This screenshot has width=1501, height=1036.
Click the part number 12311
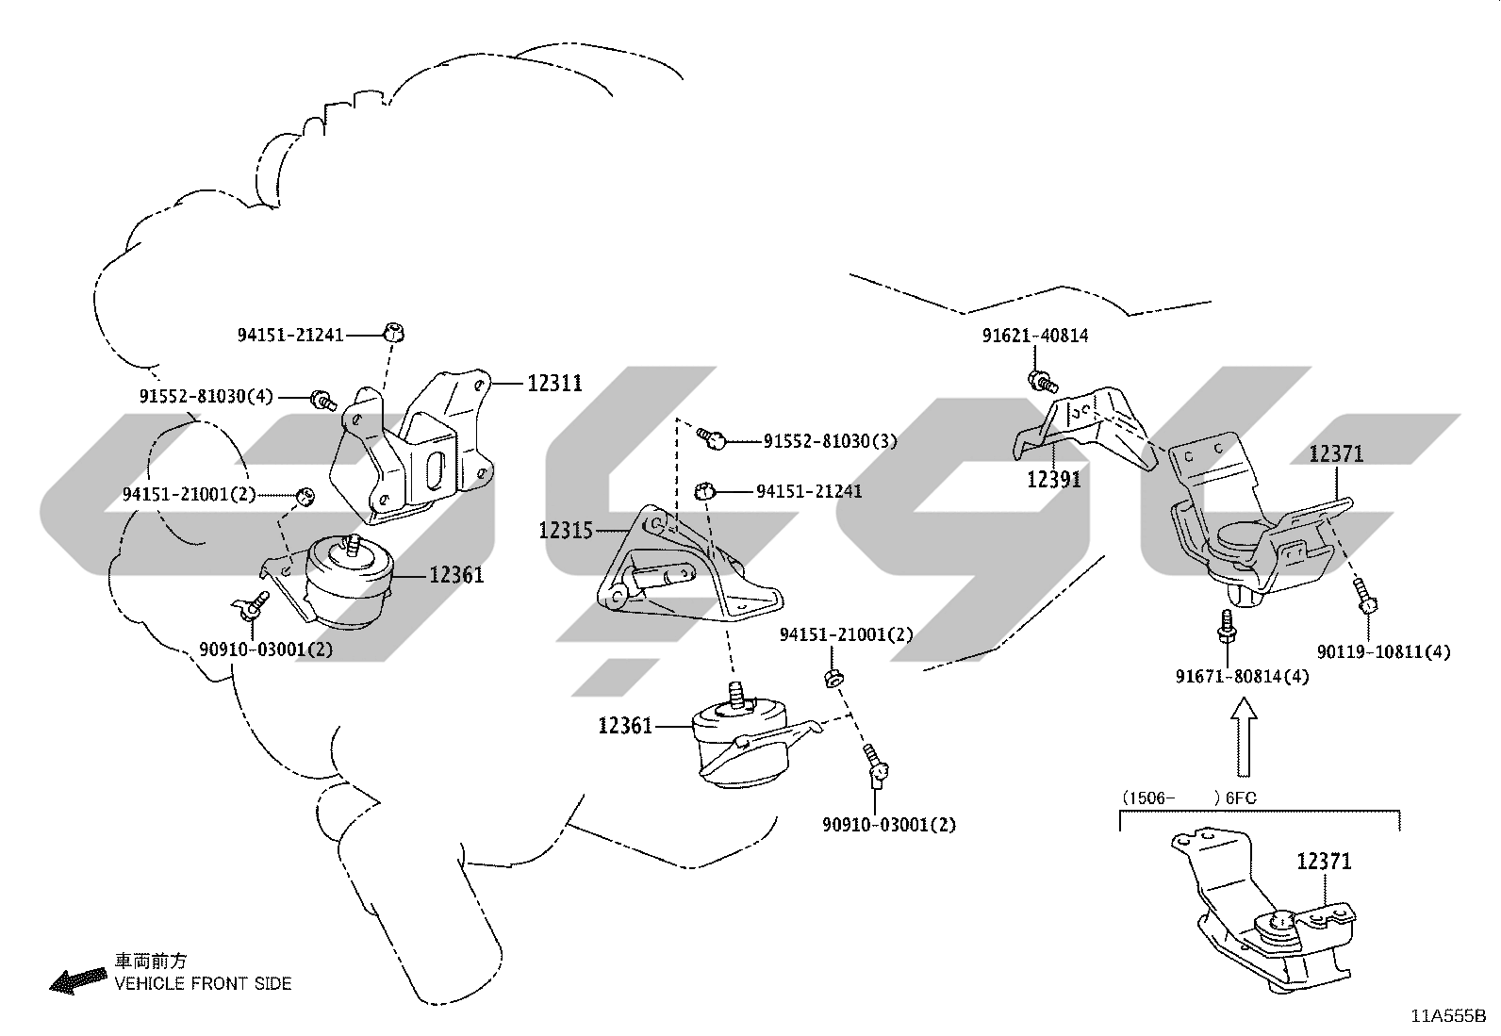pos(554,384)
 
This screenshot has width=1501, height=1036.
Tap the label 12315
pos(567,532)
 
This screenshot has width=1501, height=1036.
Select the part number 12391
pos(1054,480)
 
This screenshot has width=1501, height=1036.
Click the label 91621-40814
pos(1035,336)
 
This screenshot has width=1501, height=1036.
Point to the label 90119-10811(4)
pos(1384,652)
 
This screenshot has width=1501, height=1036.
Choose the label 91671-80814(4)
pos(1243,677)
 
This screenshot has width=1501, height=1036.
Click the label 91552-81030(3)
pos(831,441)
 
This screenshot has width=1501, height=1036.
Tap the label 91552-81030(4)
pos(206,397)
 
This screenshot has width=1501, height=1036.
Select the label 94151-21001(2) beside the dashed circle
pos(189,495)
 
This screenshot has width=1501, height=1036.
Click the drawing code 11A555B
pos(1448,1016)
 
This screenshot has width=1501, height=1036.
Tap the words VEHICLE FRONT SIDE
pos(203,984)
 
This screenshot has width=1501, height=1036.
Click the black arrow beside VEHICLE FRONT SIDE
pos(78,981)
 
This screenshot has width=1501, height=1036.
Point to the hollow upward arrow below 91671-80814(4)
pos(1245,736)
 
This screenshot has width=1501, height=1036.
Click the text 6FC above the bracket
pos(1241,798)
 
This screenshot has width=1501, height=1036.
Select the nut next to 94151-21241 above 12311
pos(394,333)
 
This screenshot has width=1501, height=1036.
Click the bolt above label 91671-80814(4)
pos(1227,626)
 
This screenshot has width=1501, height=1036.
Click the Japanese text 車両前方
pos(151,962)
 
